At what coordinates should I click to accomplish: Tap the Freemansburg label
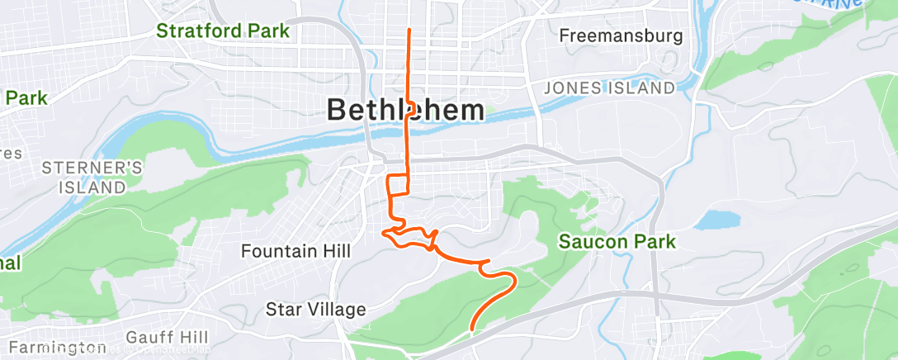pos(621,36)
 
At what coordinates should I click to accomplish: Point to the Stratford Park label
pos(223,31)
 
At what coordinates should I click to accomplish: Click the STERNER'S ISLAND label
pos(92,178)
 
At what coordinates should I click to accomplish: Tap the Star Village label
pos(315,310)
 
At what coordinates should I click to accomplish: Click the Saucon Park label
pos(617,242)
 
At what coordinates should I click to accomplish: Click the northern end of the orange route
pos(409,30)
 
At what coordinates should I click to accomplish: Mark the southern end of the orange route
pos(471,329)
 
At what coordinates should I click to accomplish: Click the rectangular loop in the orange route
pos(398,185)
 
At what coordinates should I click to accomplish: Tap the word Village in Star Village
pos(338,310)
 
